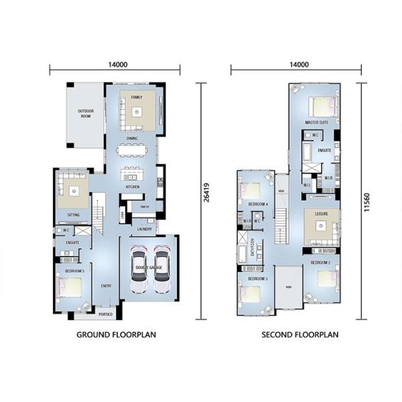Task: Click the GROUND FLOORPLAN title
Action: (x=116, y=334)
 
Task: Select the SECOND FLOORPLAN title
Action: (x=299, y=334)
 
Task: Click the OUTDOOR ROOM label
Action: (x=84, y=115)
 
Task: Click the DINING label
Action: (x=132, y=139)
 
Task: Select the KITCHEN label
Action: (x=132, y=186)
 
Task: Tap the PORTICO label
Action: (x=105, y=314)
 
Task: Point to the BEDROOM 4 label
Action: (x=257, y=203)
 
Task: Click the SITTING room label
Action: (x=74, y=215)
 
